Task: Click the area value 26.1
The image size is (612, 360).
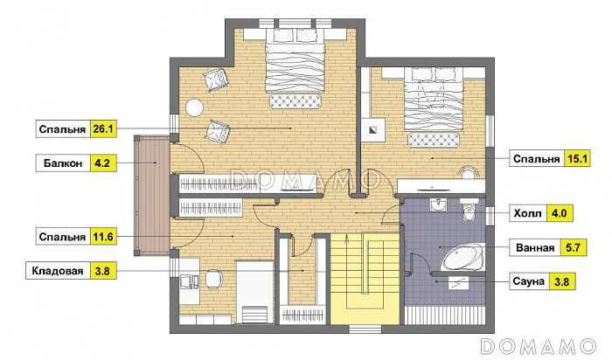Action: click(x=103, y=129)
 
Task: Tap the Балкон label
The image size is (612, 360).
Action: click(x=63, y=163)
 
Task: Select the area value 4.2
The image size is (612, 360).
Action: click(x=102, y=163)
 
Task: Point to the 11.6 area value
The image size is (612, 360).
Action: click(x=103, y=237)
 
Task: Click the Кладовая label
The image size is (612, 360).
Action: click(x=58, y=271)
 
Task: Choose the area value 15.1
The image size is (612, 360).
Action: click(x=577, y=159)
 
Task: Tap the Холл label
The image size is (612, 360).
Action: click(x=528, y=214)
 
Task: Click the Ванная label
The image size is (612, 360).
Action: click(x=535, y=248)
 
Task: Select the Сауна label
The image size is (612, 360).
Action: click(x=528, y=281)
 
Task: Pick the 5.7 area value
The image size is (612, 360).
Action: click(x=573, y=247)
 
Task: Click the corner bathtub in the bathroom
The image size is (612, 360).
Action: click(x=463, y=257)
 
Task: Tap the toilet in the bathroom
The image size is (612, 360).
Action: click(x=469, y=208)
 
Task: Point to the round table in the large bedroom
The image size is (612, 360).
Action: click(x=194, y=107)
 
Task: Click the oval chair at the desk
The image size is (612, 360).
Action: click(x=213, y=280)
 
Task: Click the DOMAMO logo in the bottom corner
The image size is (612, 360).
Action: click(x=539, y=346)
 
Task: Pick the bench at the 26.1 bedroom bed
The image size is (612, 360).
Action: click(x=296, y=101)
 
